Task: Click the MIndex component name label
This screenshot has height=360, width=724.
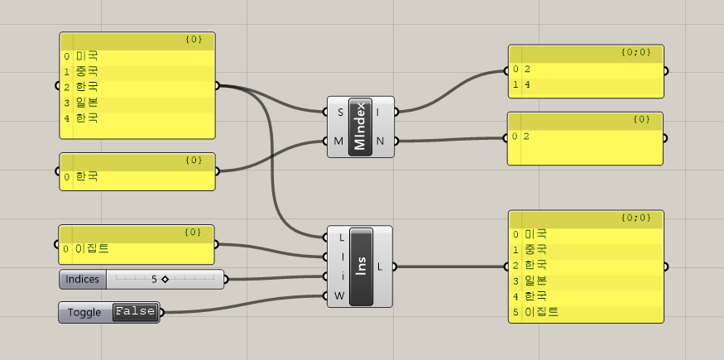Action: (360, 126)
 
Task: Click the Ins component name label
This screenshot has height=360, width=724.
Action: (361, 266)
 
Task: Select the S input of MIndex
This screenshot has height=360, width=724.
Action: (341, 112)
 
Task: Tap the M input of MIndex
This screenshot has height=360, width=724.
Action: (339, 141)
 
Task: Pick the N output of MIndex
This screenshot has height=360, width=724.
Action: (380, 141)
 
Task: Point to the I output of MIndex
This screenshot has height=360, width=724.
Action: (379, 112)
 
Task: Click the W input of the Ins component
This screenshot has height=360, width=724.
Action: (340, 295)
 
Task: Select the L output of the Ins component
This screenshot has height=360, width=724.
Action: (380, 266)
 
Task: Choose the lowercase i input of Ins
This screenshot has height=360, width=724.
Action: (340, 276)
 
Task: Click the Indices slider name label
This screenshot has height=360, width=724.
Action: (83, 280)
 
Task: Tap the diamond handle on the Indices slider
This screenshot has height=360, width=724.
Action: (165, 280)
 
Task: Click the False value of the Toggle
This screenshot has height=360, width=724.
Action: (135, 312)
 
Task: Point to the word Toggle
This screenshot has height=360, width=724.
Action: (84, 312)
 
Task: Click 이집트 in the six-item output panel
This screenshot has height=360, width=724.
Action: (541, 312)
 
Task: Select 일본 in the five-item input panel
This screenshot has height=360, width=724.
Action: (87, 103)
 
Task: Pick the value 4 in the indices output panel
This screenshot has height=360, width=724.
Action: (527, 84)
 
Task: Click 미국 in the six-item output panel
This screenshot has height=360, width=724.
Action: (535, 234)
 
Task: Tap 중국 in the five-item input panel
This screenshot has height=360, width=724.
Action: (87, 71)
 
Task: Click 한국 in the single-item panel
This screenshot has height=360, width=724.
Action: (87, 176)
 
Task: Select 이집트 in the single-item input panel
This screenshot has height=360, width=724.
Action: (92, 248)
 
